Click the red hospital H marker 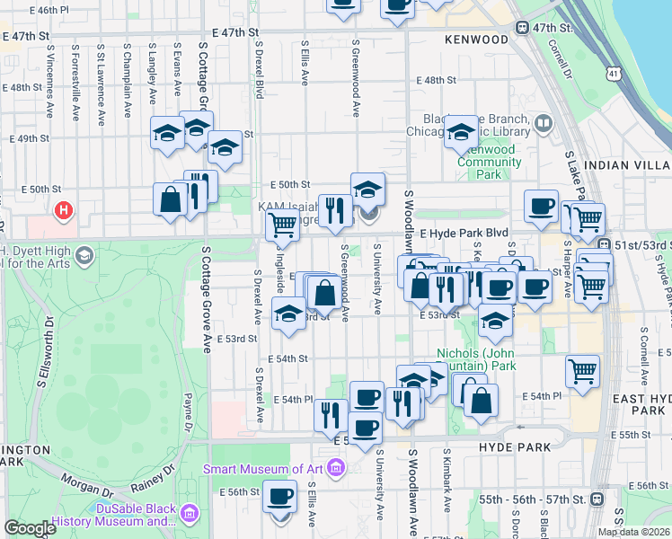click(x=64, y=212)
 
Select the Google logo click(x=30, y=528)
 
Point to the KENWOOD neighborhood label click(x=476, y=40)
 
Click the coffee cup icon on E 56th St click(x=279, y=495)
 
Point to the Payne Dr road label click(x=188, y=410)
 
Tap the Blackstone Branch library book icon click(x=543, y=122)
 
